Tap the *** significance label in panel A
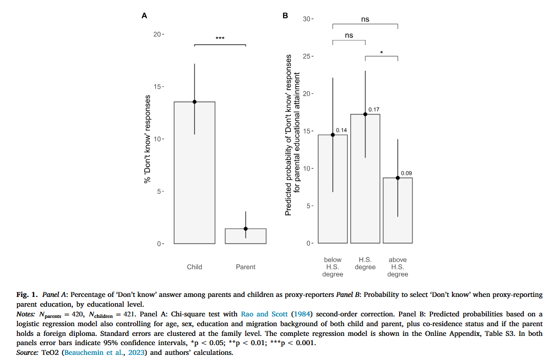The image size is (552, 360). point(220,38)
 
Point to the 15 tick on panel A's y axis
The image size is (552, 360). point(160,86)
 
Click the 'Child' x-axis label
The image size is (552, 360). point(194,267)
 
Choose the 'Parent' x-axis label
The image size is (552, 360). point(246,267)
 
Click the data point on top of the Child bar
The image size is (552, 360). point(194,102)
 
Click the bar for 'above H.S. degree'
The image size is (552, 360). point(398,210)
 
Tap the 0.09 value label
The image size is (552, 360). point(406,173)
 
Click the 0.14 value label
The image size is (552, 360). point(341,130)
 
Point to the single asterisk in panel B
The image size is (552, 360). point(382,52)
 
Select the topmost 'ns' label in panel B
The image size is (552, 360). point(365,19)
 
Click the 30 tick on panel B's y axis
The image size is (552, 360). point(308,19)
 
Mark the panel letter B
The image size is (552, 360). point(286,15)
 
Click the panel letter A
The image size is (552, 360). point(145,15)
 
